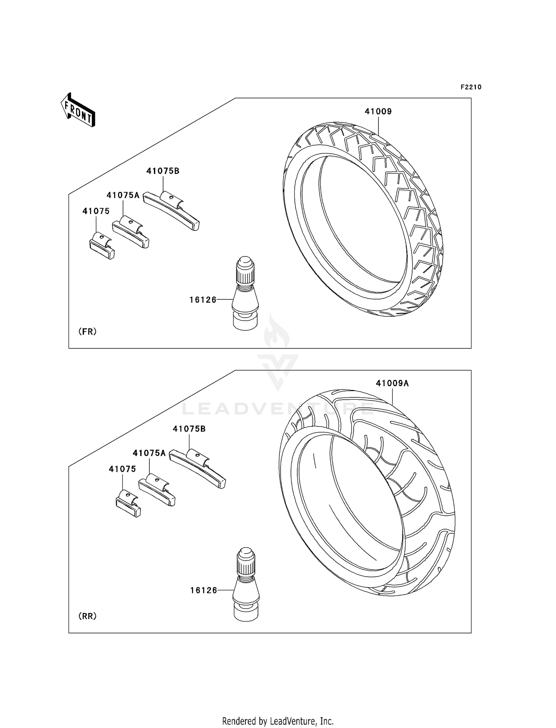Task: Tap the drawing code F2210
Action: (x=471, y=87)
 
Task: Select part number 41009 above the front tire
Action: (x=378, y=111)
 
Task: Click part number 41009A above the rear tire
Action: (x=392, y=383)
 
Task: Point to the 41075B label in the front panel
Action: (x=163, y=171)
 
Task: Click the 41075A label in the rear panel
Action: (x=149, y=453)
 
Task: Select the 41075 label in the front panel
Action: (x=96, y=211)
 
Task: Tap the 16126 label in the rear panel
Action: (x=203, y=590)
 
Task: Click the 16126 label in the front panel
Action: (x=203, y=300)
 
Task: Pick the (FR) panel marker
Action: (x=87, y=332)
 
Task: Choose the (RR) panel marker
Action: (x=87, y=616)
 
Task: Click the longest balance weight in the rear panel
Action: (x=198, y=468)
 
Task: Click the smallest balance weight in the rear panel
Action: (x=128, y=504)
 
